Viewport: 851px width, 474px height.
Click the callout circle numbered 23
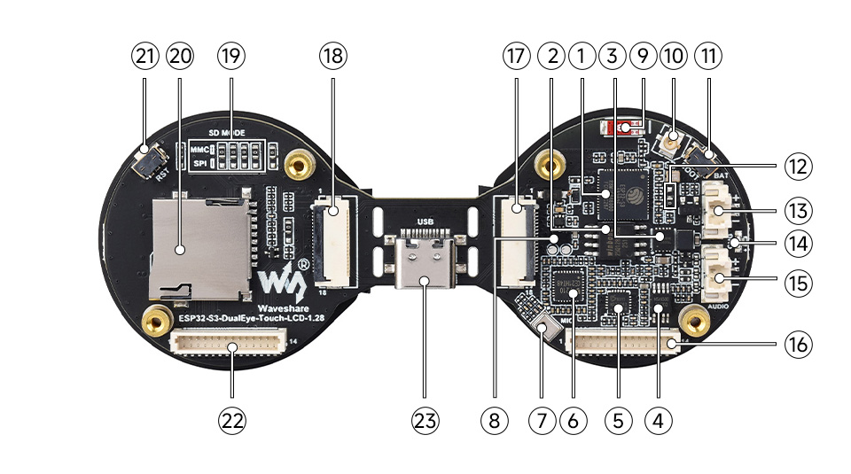(x=425, y=423)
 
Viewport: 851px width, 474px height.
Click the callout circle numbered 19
(x=231, y=56)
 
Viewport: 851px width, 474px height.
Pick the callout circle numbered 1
(x=582, y=56)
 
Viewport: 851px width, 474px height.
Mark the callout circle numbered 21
(x=144, y=56)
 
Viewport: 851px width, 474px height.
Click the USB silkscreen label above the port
(x=425, y=222)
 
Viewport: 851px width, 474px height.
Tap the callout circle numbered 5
(x=618, y=423)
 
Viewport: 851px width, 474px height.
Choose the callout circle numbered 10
(x=673, y=56)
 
